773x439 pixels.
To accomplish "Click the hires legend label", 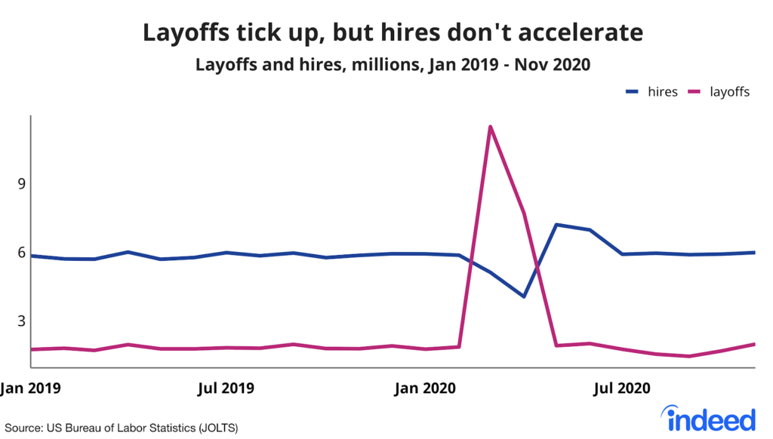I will tap(663, 92).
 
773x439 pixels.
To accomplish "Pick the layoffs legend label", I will tap(729, 92).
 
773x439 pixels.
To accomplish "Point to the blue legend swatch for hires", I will tap(633, 93).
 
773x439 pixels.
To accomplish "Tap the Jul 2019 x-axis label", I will tap(225, 389).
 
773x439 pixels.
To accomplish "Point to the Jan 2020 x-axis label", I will tap(425, 389).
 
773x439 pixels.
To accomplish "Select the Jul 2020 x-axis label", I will tap(621, 389).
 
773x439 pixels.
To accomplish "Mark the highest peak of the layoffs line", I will tap(491, 127).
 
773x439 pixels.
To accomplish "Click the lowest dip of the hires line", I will tap(523, 296).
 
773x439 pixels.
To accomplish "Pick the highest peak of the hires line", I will tap(556, 225).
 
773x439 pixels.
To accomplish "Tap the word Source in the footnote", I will tap(23, 428).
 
